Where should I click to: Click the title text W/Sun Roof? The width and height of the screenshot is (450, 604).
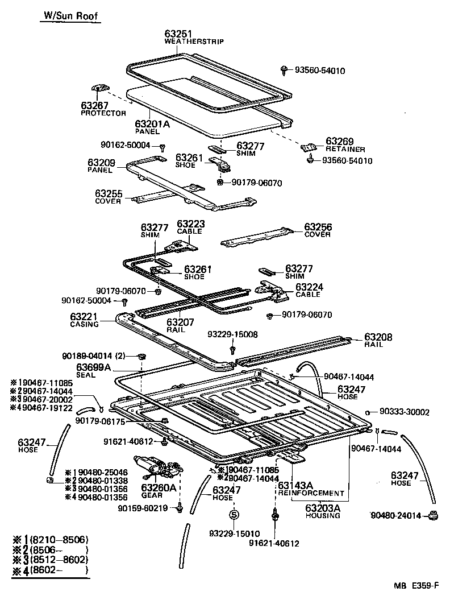pos(71,16)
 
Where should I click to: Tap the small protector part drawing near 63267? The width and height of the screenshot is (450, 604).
pos(100,88)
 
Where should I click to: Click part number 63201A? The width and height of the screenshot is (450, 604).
pos(152,123)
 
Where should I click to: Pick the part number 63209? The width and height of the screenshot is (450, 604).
pos(102,163)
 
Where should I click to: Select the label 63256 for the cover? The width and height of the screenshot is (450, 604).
pos(318,227)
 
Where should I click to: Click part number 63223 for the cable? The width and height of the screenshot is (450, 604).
pos(190,224)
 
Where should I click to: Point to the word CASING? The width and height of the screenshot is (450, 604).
pos(85,324)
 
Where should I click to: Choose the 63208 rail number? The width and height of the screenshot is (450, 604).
pos(378,337)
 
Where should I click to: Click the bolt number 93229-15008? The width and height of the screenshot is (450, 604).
pos(232,334)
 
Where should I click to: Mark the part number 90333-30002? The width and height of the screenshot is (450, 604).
pos(404,412)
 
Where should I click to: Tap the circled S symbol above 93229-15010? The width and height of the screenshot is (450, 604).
pos(233,515)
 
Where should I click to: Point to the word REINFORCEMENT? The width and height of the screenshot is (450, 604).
pos(311,493)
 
